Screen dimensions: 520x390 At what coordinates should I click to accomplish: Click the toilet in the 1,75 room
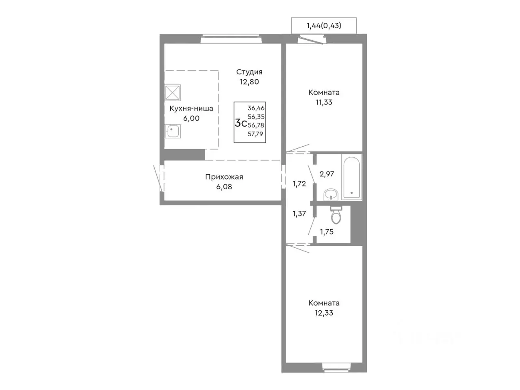pos(336,214)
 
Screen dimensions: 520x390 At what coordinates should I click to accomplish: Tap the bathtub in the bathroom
pos(351,178)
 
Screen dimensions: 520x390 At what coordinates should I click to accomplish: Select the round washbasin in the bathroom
pos(331,195)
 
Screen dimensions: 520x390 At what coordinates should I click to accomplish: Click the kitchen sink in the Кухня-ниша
pos(173,131)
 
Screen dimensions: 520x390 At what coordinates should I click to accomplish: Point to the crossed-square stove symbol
pos(173,93)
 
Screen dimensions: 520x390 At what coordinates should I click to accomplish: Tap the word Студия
pos(249,72)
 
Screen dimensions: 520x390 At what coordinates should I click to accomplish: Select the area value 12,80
pos(249,82)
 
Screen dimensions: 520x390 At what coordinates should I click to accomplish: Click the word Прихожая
pos(224,177)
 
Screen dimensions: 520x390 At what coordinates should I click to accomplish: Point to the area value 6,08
pos(224,187)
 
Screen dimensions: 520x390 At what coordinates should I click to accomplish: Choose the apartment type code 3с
pos(240,123)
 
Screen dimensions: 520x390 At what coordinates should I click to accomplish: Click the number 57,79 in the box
pos(256,134)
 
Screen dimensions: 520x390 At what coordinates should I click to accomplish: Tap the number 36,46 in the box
pos(256,108)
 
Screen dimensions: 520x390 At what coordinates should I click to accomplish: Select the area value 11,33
pos(324,102)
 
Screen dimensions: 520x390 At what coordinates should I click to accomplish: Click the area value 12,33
pos(324,313)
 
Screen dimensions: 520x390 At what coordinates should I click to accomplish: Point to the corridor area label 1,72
pos(299,184)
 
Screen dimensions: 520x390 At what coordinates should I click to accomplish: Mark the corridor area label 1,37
pos(299,214)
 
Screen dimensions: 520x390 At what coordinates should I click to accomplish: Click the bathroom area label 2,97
pos(327,174)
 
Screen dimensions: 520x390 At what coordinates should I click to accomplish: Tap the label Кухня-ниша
pos(191,109)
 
